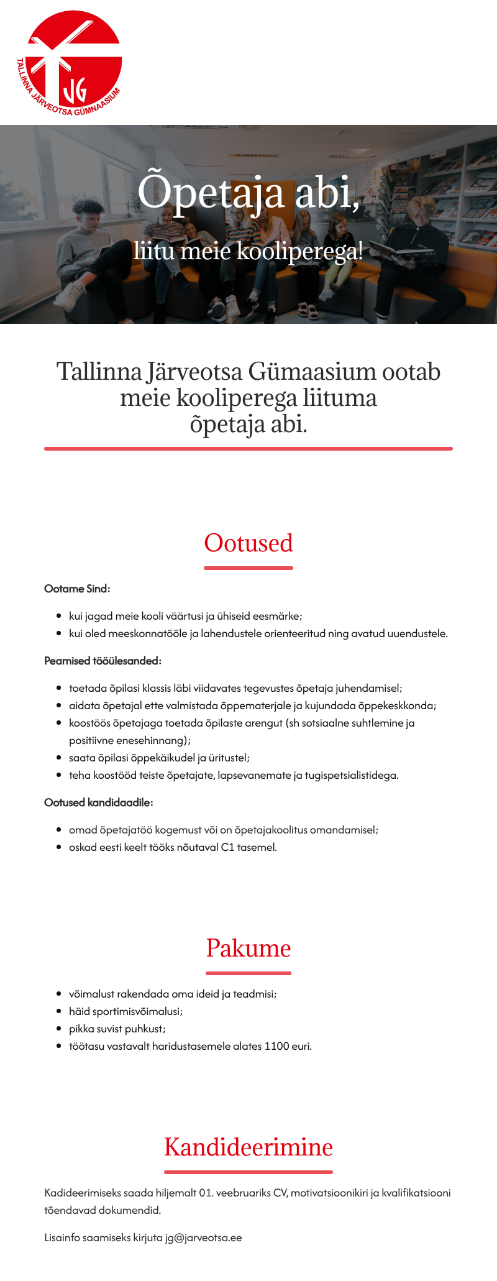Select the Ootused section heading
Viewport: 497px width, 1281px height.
coord(248,543)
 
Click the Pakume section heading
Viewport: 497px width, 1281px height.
coord(248,948)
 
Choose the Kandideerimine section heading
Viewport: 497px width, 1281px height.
coord(248,1147)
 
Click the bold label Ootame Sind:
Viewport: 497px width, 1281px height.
coord(77,589)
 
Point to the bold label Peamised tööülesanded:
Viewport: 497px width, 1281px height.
coord(103,661)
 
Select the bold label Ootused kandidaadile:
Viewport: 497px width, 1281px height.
coord(98,802)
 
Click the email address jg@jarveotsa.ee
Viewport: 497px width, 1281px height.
coord(203,1237)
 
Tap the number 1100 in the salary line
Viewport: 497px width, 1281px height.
coord(276,1046)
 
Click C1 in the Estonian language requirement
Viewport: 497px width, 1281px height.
coord(227,847)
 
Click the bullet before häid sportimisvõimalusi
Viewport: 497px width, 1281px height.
coord(59,1011)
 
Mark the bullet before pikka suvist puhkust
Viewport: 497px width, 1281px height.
coord(59,1029)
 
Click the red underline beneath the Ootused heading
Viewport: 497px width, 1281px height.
coord(248,567)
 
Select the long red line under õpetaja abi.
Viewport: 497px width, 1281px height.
coord(248,448)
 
